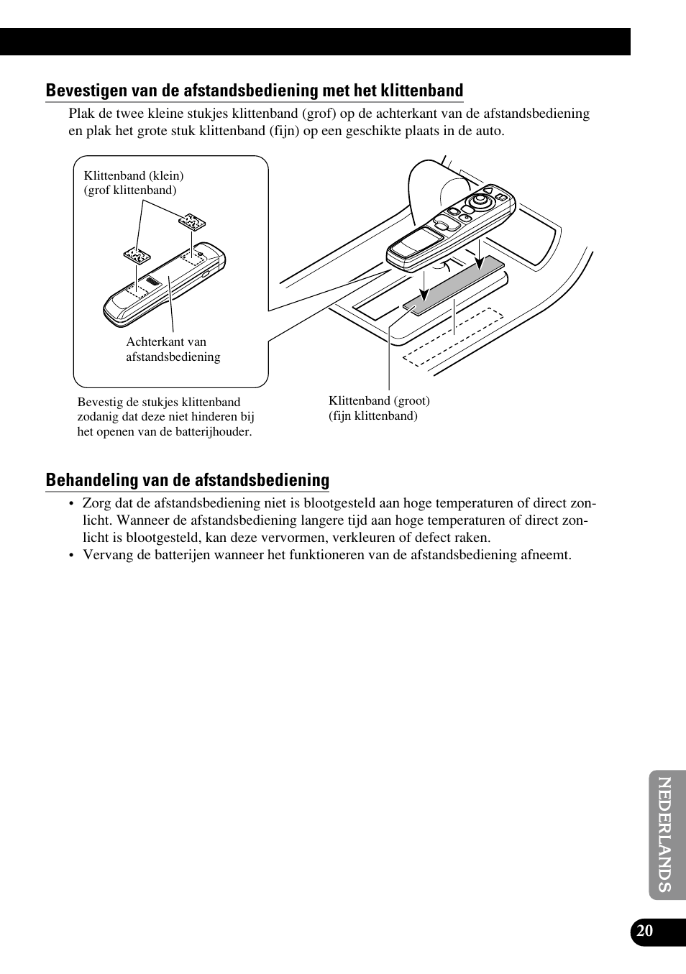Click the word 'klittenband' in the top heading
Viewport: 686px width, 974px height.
coord(421,91)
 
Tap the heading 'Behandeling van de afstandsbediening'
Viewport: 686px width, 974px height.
coord(187,480)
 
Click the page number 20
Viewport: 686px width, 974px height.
coord(645,931)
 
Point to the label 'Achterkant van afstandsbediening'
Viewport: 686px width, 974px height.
coord(173,349)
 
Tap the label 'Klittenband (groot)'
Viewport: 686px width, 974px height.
coord(379,400)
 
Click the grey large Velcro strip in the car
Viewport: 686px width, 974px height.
coord(453,286)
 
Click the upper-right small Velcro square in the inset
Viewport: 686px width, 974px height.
coord(192,221)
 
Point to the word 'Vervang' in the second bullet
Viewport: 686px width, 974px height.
coord(106,555)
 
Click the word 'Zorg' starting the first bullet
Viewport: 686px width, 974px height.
coord(96,503)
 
